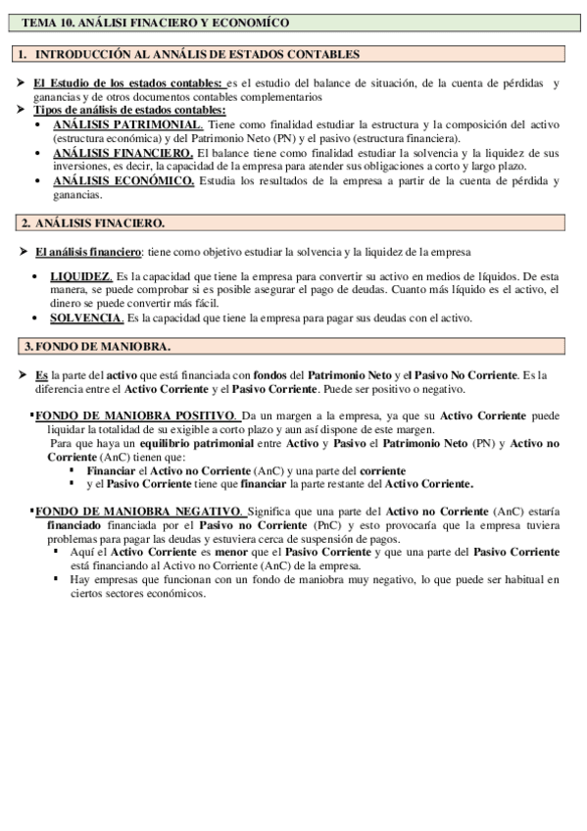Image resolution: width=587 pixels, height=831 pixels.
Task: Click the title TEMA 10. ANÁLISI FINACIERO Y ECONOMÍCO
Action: point(156,22)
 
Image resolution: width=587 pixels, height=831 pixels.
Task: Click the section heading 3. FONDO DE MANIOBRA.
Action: point(97,346)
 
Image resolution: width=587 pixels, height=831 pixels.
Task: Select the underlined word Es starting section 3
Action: point(41,375)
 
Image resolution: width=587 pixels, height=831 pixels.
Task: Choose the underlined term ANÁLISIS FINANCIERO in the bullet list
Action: point(122,154)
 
